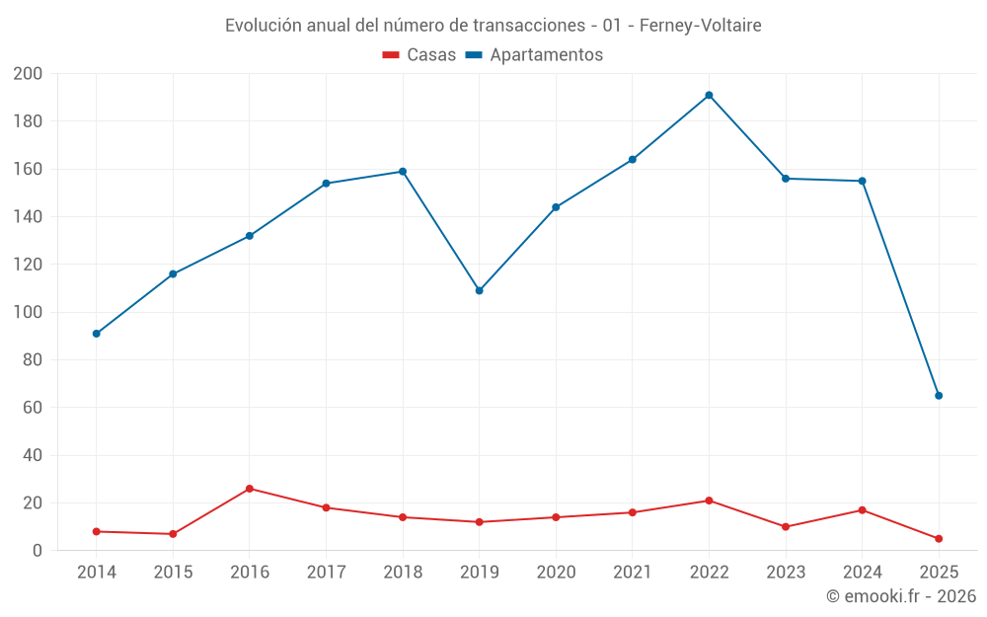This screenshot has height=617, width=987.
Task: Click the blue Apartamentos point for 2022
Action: [709, 96]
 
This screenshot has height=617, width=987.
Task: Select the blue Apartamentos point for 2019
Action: [480, 290]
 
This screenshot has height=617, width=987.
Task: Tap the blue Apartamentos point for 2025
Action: [939, 396]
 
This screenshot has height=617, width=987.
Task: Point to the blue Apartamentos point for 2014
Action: [97, 334]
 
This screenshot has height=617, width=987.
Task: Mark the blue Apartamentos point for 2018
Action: [403, 172]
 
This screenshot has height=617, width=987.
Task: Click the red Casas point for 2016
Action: [250, 489]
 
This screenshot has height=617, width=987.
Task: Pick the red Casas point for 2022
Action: [709, 501]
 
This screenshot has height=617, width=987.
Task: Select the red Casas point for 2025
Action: [939, 539]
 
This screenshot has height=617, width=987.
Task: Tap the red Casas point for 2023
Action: [786, 527]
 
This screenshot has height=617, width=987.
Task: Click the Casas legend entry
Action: [419, 55]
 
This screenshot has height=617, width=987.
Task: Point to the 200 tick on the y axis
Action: [28, 74]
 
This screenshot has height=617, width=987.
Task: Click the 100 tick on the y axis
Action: [28, 313]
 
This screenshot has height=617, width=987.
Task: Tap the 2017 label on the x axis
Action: [326, 573]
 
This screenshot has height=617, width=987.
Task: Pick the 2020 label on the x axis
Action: [556, 573]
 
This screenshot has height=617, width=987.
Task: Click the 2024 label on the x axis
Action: [862, 573]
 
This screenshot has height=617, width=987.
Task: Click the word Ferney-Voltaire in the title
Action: [700, 26]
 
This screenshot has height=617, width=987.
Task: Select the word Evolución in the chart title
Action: [262, 26]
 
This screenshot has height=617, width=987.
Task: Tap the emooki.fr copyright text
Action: [901, 596]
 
